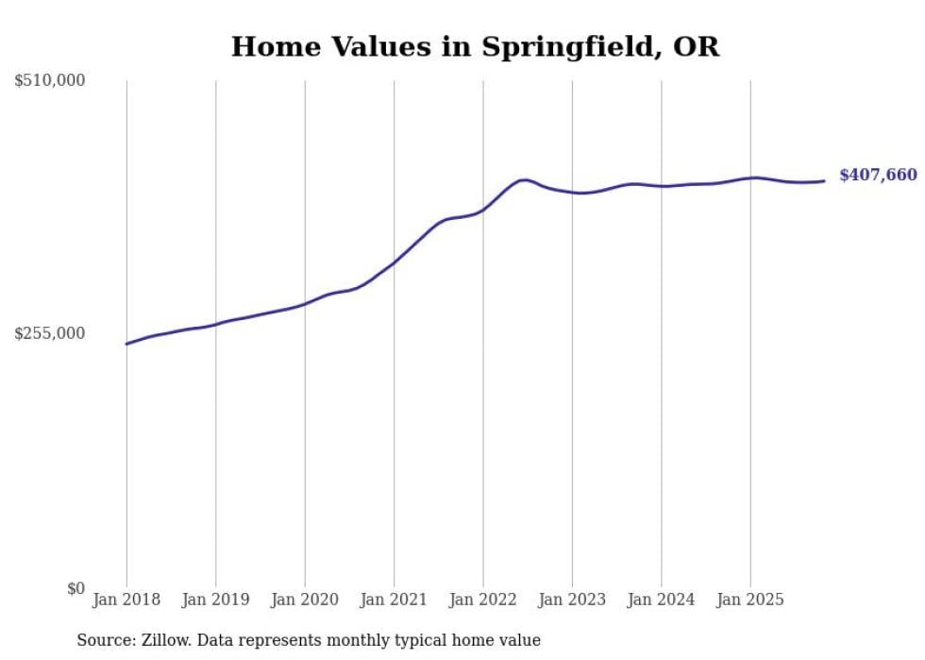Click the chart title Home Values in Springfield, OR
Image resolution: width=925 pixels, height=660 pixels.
[x=475, y=47]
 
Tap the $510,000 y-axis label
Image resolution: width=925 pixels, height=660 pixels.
[x=50, y=81]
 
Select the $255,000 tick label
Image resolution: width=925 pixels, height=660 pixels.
[x=50, y=333]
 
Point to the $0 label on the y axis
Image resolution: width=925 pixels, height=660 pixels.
[x=76, y=588]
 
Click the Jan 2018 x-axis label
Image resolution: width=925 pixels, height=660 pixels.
[x=126, y=600]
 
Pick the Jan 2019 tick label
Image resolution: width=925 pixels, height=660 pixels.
[x=215, y=600]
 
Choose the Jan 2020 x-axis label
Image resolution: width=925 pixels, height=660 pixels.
[x=305, y=600]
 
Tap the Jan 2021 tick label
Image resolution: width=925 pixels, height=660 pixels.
[x=394, y=600]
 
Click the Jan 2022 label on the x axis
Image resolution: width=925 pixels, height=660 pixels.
[x=483, y=600]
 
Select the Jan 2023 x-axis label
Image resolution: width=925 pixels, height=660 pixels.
[x=572, y=600]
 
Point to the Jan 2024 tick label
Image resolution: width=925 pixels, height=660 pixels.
[x=662, y=600]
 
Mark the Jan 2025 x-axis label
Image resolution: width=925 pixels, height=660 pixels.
[x=750, y=600]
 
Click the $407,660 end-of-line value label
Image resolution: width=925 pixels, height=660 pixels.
[x=878, y=176]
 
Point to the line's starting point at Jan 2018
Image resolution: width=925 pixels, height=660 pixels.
[x=126, y=344]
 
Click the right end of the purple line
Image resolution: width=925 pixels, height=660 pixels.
[x=825, y=180]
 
